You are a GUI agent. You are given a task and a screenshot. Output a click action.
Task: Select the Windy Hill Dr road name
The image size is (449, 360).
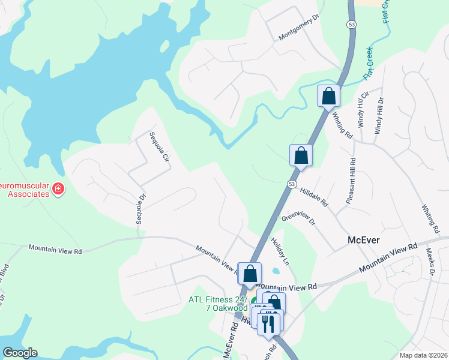379,115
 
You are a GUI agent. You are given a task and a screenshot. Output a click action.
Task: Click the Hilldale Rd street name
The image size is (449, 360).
314,196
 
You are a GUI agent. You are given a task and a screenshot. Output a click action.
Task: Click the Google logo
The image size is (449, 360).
20,353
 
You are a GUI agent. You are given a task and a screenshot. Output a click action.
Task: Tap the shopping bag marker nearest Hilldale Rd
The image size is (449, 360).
301,155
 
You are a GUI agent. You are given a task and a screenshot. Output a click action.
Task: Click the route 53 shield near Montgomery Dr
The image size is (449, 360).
351,25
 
